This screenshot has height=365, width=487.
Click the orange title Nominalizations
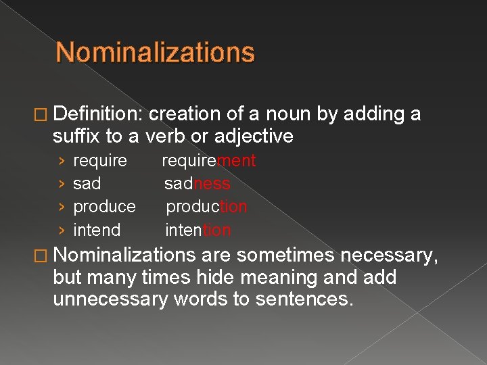[155, 53]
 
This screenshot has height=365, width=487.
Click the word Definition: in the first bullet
[97, 114]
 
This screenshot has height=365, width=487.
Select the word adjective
[253, 137]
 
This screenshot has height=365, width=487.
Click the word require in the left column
[99, 161]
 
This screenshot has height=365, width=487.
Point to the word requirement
[208, 161]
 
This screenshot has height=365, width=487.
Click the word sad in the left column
[87, 184]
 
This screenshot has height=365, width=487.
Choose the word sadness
[197, 184]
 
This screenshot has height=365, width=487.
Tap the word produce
[104, 207]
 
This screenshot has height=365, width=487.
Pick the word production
[206, 207]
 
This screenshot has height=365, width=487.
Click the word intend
[97, 230]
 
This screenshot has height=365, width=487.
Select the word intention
[198, 230]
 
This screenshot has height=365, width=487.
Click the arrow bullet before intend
[62, 230]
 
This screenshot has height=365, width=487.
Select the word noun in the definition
[287, 114]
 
